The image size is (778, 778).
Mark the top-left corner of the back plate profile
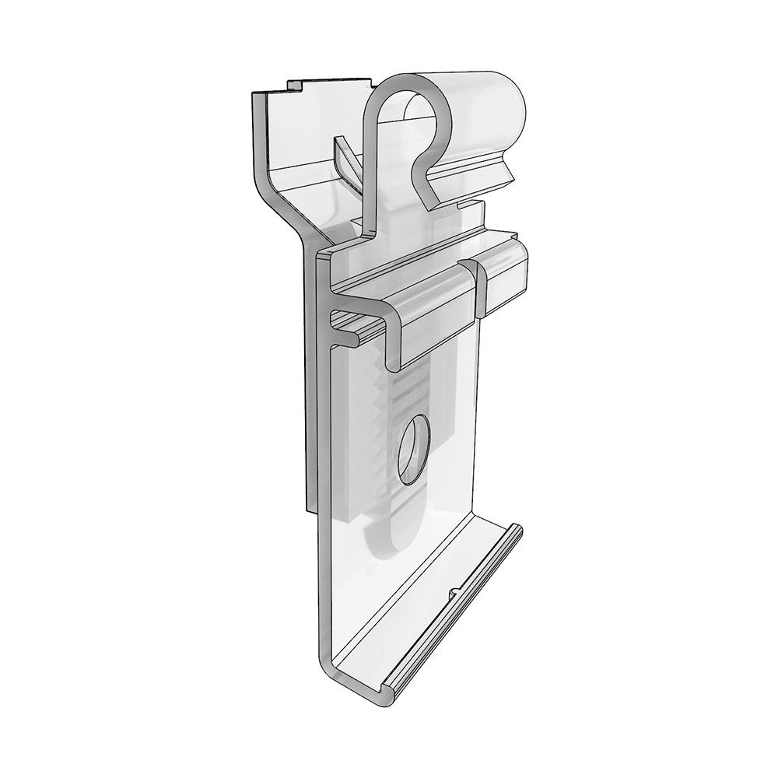[x=255, y=95]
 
